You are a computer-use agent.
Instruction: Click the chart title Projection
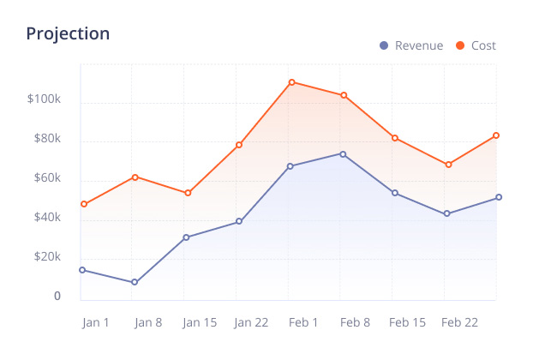pyautogui.click(x=68, y=33)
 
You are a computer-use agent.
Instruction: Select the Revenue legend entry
pyautogui.click(x=411, y=45)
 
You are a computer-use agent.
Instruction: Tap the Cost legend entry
pyautogui.click(x=476, y=45)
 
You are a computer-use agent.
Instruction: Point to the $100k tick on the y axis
pyautogui.click(x=44, y=99)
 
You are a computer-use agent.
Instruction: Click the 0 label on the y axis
pyautogui.click(x=57, y=297)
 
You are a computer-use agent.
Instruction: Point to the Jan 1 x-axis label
pyautogui.click(x=96, y=322)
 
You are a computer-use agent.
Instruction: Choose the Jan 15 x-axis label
pyautogui.click(x=200, y=322)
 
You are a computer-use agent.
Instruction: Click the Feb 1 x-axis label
pyautogui.click(x=304, y=322)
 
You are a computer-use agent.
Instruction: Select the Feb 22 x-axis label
pyautogui.click(x=459, y=322)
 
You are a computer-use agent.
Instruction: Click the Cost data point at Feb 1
pyautogui.click(x=291, y=82)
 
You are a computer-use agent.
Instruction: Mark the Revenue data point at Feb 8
pyautogui.click(x=343, y=154)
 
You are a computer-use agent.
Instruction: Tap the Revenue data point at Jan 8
pyautogui.click(x=135, y=282)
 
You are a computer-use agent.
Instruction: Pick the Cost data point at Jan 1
pyautogui.click(x=83, y=204)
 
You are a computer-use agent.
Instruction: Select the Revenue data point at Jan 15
pyautogui.click(x=187, y=237)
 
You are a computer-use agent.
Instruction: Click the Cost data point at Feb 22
pyautogui.click(x=447, y=165)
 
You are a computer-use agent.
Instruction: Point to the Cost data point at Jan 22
pyautogui.click(x=239, y=145)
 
